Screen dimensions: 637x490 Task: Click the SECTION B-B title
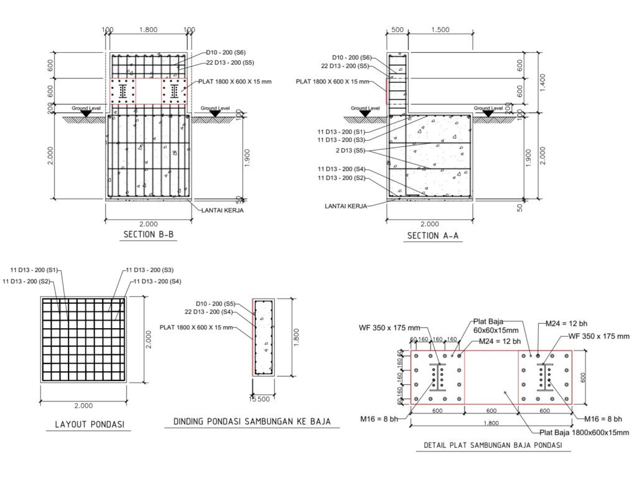[149, 235]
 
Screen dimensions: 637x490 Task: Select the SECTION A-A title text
[433, 236]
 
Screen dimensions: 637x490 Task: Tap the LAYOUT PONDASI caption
[90, 425]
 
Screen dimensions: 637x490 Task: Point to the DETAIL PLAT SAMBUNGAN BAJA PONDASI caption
[493, 445]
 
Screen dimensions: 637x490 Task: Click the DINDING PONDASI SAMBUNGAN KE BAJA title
[252, 422]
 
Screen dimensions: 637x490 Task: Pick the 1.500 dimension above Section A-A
[440, 30]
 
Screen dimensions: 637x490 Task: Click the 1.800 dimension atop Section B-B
[148, 30]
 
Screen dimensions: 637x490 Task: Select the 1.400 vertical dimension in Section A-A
[542, 83]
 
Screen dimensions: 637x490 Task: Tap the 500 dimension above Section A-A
[397, 30]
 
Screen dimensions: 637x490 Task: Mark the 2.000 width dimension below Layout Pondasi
[83, 405]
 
